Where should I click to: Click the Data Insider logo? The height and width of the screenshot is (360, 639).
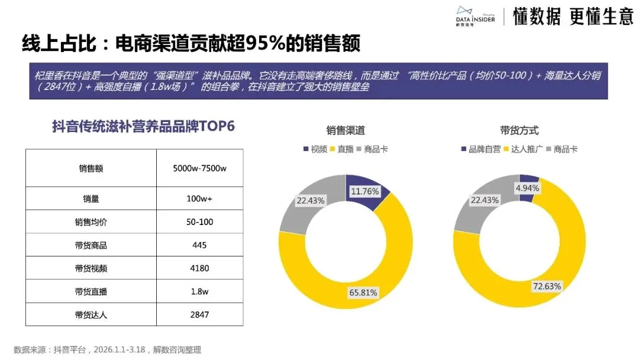(x=476, y=16)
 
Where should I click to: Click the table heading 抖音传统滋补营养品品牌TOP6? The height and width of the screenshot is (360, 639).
(x=144, y=126)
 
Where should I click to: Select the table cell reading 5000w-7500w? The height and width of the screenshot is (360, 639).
(x=199, y=168)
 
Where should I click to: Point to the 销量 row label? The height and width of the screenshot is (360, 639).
(x=91, y=199)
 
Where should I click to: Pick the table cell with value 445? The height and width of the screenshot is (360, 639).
(x=199, y=245)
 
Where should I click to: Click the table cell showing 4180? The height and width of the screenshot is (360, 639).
(x=199, y=268)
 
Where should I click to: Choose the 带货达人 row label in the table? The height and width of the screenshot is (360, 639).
(x=91, y=314)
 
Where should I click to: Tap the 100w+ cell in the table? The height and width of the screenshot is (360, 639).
(x=199, y=199)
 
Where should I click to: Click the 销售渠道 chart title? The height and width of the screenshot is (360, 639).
(x=346, y=130)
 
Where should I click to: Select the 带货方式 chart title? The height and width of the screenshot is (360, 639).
(x=519, y=130)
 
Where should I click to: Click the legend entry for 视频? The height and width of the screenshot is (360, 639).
(x=315, y=149)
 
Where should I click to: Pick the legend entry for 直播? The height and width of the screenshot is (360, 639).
(x=341, y=149)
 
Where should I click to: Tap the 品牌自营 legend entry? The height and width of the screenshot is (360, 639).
(x=480, y=149)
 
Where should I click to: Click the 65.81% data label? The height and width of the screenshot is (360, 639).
(x=363, y=292)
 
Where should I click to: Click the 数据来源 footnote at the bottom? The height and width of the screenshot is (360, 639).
(x=107, y=350)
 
